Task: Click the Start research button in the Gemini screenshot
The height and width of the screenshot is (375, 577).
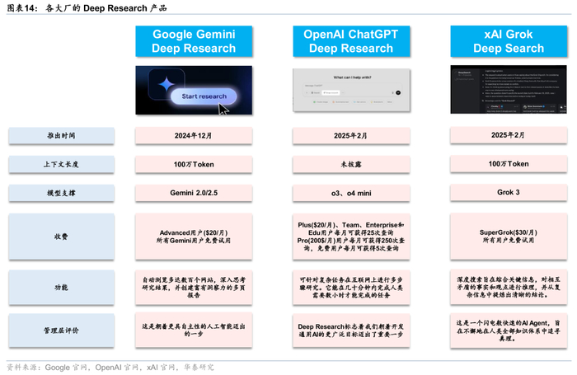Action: [x=198, y=96]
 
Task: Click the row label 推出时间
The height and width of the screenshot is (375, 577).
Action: [x=62, y=135]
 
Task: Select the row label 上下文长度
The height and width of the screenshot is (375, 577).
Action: [x=62, y=164]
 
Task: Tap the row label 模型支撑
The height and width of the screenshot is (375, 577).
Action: [x=62, y=193]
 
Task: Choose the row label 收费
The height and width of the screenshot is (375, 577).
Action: [x=62, y=236]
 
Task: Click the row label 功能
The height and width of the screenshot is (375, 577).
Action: [x=62, y=287]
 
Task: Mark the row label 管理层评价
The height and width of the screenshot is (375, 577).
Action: [x=62, y=331]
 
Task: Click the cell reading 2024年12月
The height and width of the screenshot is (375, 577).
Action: [x=194, y=135]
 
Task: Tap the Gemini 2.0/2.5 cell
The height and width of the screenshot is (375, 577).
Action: [x=194, y=193]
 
